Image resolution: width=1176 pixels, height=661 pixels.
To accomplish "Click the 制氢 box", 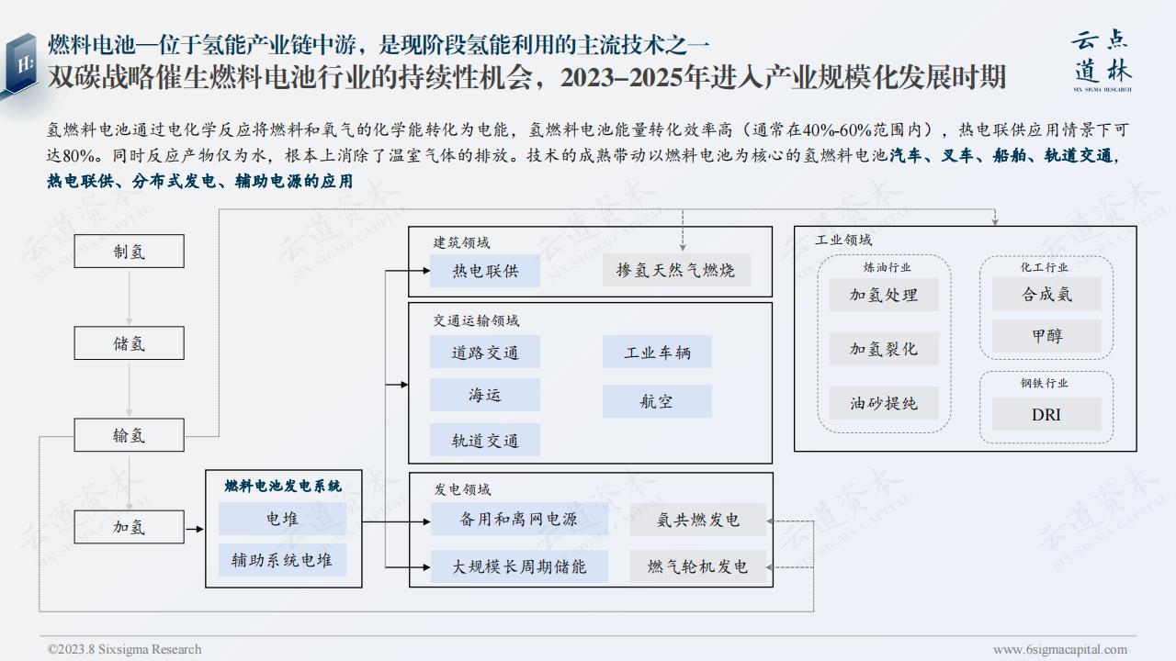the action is tap(130, 252).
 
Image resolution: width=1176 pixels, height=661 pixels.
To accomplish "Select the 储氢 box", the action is tap(130, 343).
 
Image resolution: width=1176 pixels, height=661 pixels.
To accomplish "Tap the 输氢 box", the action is tap(130, 435).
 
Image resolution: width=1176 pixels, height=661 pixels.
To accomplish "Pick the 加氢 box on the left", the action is tap(130, 527).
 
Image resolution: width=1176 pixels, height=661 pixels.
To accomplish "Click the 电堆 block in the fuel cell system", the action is tap(282, 519).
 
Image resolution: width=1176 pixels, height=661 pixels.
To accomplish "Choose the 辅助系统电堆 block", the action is tap(282, 560).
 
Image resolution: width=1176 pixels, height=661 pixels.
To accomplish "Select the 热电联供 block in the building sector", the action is tap(485, 271).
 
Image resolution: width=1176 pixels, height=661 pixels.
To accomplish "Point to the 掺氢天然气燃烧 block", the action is tap(676, 270).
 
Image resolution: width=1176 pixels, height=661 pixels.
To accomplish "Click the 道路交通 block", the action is tap(485, 352).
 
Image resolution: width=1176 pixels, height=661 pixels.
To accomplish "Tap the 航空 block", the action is tap(657, 401).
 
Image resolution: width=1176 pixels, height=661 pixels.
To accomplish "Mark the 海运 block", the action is tap(485, 395).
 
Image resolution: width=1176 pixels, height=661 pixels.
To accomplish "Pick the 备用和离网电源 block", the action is tap(519, 519).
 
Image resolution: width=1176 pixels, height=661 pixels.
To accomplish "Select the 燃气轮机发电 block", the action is tap(698, 566).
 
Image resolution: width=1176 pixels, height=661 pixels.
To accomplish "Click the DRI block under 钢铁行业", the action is tap(1046, 414).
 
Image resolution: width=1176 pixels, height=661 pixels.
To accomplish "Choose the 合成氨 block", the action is tap(1046, 294).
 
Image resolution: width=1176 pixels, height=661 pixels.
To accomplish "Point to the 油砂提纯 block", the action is tap(884, 403).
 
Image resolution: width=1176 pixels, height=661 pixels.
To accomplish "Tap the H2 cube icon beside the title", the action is tap(21, 65).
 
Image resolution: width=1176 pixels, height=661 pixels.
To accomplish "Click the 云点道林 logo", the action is tap(1102, 61).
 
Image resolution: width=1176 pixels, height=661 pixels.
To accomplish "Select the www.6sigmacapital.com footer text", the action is tap(1060, 649).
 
